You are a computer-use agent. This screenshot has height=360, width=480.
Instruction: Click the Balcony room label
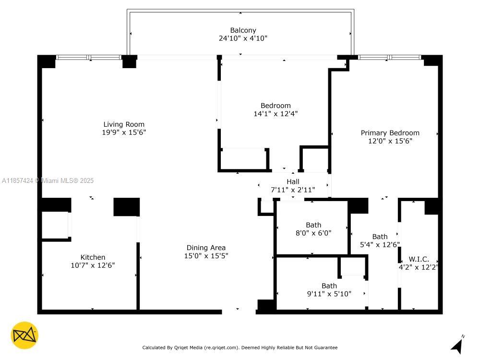coord(243,30)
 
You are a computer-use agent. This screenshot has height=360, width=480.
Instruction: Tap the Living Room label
coord(124,124)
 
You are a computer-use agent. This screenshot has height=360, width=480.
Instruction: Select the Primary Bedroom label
coord(390,133)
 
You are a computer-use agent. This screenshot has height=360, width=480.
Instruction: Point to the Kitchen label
coord(93,257)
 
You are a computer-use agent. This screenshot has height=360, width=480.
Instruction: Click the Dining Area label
coord(206,248)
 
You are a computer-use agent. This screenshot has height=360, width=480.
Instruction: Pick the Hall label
coord(293,181)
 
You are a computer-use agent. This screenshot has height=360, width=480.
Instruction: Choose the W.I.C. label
coord(419,259)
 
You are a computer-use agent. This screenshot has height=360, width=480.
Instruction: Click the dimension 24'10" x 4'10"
coord(243,38)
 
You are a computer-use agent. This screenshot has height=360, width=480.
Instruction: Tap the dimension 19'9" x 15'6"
coord(124,132)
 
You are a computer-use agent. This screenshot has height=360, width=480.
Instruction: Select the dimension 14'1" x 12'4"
coord(276,114)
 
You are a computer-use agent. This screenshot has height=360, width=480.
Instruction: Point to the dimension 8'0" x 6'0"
coord(313,233)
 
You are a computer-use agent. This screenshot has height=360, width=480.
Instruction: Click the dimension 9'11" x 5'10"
coord(329,294)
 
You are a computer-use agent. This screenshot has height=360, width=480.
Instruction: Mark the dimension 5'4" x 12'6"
coord(380,245)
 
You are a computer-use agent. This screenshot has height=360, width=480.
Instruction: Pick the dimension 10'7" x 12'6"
coord(93,265)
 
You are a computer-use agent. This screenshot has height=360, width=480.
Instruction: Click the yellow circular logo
coord(24,335)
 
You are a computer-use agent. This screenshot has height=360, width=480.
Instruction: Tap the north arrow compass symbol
coord(457,345)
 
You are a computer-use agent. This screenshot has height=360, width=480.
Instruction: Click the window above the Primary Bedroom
coord(389,57)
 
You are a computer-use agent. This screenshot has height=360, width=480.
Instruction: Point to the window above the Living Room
coord(89,57)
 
